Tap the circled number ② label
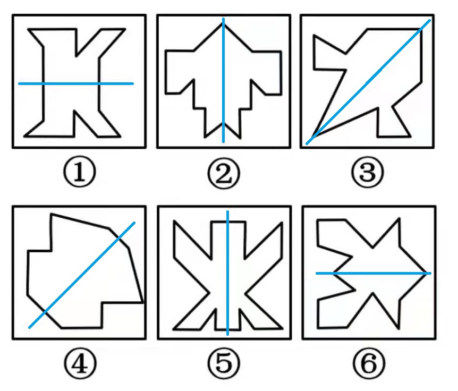point(224,174)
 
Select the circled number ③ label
point(367,172)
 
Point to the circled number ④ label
point(80,364)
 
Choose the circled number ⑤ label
point(224,364)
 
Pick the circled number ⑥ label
point(369,364)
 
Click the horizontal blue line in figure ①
point(76,84)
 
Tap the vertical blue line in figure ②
point(224,80)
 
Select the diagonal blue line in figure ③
point(368,82)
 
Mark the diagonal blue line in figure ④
point(82,275)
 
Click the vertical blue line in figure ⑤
point(227,273)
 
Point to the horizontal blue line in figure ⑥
point(374,273)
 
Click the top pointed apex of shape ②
point(223,23)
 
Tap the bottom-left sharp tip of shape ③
point(312,138)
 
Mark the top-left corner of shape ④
point(52,214)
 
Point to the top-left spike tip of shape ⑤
point(174,222)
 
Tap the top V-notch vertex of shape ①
point(76,56)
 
